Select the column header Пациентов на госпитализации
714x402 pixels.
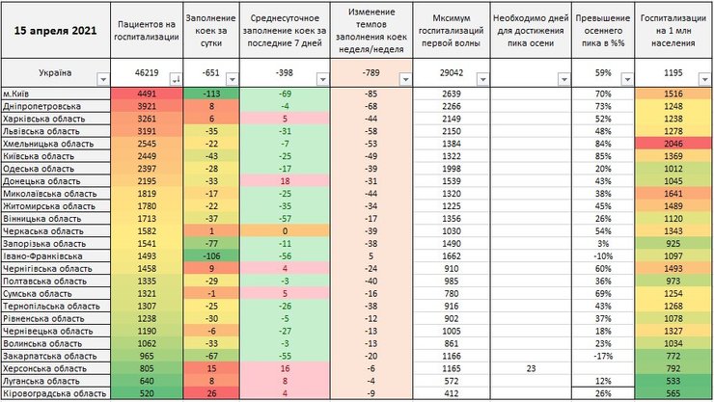tap(147, 29)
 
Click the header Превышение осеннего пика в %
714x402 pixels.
tap(603, 29)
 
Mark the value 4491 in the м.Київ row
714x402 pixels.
tap(147, 94)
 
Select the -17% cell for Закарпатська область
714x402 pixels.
tap(603, 356)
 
